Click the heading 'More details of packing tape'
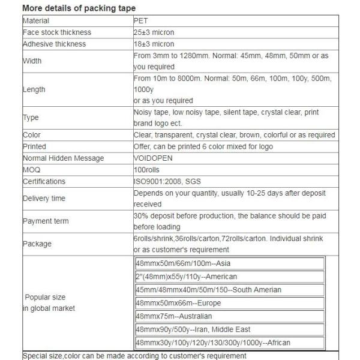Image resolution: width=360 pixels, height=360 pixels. pos(79,8)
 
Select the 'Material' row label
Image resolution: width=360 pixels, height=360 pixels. pos(36,20)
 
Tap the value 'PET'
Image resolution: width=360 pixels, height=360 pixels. pos(140,20)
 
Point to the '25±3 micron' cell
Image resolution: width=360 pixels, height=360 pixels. pos(154,32)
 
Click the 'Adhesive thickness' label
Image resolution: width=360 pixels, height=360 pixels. pos(54,44)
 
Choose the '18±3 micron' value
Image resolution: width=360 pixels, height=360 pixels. pos(154,44)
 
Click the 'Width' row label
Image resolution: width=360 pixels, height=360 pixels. pos(32,61)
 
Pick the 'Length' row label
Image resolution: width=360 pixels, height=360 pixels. pos(34,89)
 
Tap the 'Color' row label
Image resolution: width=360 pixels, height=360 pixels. pos(31,135)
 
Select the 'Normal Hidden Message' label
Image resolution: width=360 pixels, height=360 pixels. pos(63,158)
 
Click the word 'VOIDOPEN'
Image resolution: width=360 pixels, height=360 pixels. pos(152,158)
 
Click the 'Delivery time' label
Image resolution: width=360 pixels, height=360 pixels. pos(44,198)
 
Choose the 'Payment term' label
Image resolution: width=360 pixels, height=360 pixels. pos(46,221)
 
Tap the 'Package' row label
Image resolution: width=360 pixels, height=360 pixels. pos(37,244)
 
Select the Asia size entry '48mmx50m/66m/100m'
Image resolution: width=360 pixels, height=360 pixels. pos(183,264)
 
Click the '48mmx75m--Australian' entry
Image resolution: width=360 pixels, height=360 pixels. pos(174,316)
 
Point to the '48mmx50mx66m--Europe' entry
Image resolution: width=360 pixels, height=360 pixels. pos(179,303)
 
